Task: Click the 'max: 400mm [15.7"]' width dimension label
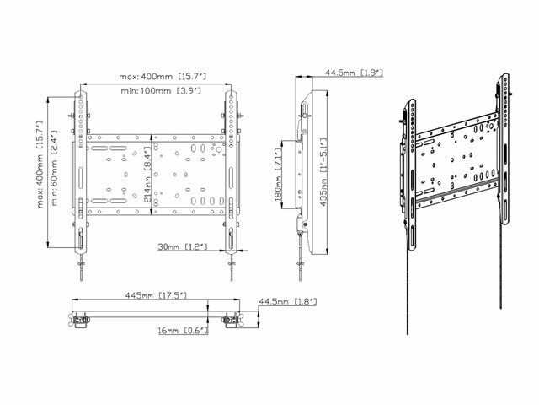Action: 163,76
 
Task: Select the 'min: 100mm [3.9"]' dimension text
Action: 161,91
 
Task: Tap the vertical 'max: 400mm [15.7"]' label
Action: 40,165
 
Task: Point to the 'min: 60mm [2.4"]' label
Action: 55,168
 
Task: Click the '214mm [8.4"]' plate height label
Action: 147,175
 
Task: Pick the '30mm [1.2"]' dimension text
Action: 183,246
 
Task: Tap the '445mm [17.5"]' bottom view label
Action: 156,295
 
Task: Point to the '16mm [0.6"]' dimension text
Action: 184,331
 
